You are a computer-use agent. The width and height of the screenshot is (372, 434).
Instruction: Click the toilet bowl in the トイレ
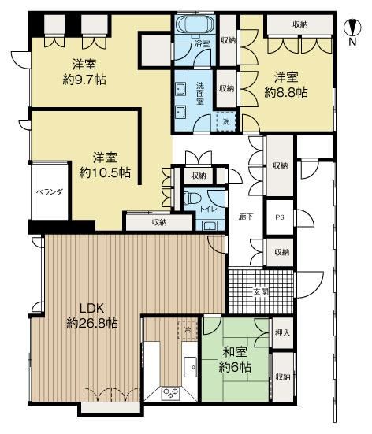pos(191,198)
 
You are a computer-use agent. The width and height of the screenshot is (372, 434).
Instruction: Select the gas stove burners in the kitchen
pos(171,392)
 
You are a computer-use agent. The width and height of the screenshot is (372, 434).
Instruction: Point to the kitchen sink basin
pos(191,366)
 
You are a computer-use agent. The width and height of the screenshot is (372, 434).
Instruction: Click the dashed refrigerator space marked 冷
pos(188,330)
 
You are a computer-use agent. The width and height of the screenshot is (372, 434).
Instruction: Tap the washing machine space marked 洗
pos(225,121)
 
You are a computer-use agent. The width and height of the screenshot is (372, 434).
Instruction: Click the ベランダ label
pos(50,192)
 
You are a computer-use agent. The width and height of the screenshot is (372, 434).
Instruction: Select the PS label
pos(280,217)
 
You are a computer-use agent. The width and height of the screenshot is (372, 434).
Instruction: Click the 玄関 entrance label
pos(261,291)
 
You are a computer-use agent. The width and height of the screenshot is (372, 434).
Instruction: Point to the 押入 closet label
pos(282,332)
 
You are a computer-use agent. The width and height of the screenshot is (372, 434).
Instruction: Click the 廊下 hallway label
pos(246,217)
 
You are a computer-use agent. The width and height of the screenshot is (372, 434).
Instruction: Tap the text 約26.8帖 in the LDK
pos(92,323)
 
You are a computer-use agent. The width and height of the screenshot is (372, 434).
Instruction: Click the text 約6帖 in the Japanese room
pos(235,367)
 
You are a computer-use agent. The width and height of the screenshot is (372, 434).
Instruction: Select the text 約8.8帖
pos(286,92)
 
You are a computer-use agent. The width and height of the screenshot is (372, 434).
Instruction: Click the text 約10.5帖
pos(105,173)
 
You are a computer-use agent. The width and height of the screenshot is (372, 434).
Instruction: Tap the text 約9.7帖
pos(84,80)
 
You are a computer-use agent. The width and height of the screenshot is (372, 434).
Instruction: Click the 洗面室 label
pos(200,93)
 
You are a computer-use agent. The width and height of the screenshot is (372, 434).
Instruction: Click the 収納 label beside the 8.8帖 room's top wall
pos(300,24)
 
